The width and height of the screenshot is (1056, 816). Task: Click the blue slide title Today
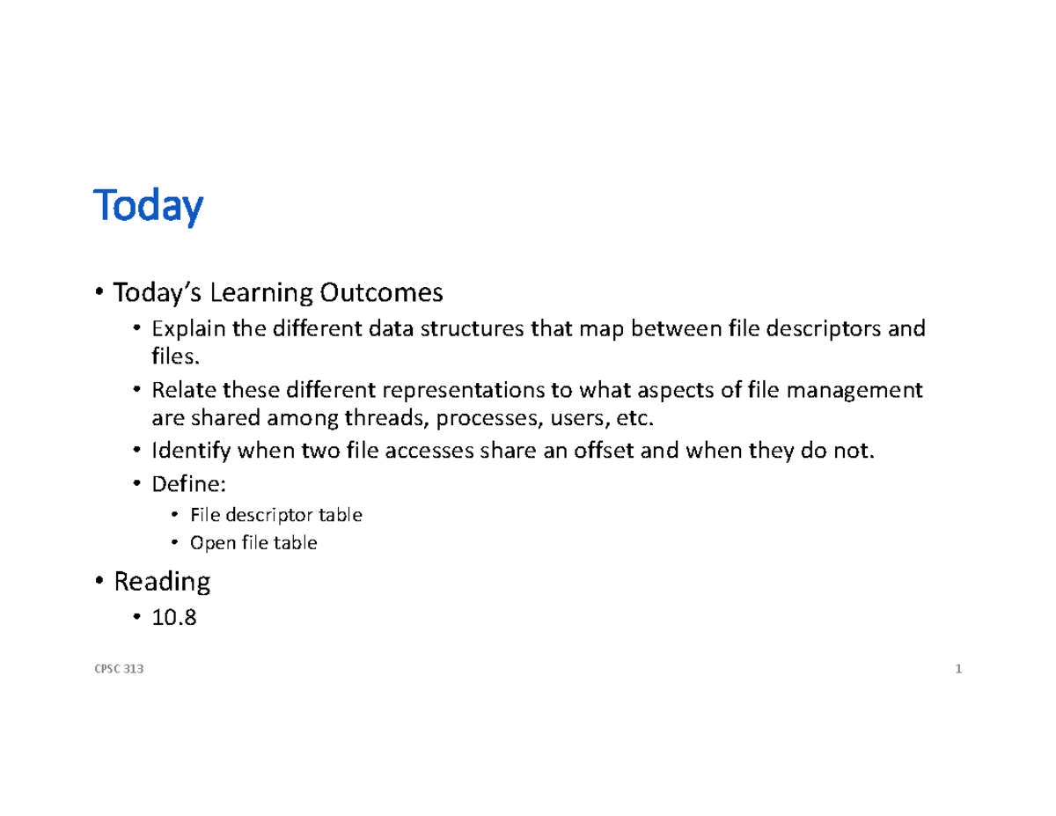click(148, 207)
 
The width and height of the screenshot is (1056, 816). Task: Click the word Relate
click(176, 390)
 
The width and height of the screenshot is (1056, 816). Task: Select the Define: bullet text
click(182, 484)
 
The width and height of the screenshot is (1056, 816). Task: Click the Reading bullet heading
click(161, 581)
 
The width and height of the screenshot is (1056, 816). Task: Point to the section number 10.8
click(173, 619)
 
